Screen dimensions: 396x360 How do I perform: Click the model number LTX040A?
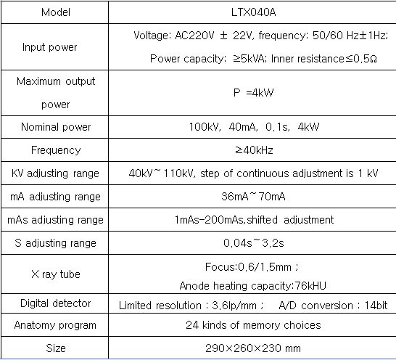pyautogui.click(x=253, y=12)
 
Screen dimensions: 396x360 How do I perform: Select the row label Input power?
pyautogui.click(x=49, y=47)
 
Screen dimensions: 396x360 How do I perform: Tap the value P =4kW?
pyautogui.click(x=253, y=92)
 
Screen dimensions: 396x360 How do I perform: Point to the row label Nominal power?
pyautogui.click(x=56, y=127)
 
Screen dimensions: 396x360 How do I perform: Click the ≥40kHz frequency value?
pyautogui.click(x=254, y=150)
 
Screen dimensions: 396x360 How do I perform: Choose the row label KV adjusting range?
pyautogui.click(x=55, y=173)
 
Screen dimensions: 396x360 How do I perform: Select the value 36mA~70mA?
pyautogui.click(x=253, y=197)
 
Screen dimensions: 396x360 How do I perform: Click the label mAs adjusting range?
pyautogui.click(x=55, y=220)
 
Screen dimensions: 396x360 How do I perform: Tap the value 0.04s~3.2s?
pyautogui.click(x=254, y=243)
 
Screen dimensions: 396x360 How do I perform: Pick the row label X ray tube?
pyautogui.click(x=56, y=274)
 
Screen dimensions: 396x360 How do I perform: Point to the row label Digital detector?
pyautogui.click(x=56, y=303)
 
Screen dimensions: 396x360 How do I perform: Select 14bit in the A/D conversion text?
pyautogui.click(x=376, y=306)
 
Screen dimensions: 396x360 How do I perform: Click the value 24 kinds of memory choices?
pyautogui.click(x=253, y=325)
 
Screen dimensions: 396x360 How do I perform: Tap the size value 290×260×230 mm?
pyautogui.click(x=253, y=348)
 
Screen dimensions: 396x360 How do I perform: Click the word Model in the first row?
pyautogui.click(x=56, y=12)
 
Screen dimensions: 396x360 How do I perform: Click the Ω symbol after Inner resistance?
pyautogui.click(x=374, y=59)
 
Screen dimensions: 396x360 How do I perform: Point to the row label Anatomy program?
pyautogui.click(x=55, y=325)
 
